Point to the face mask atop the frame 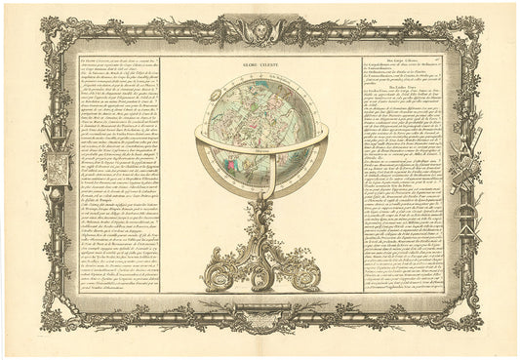coord(260,29)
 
